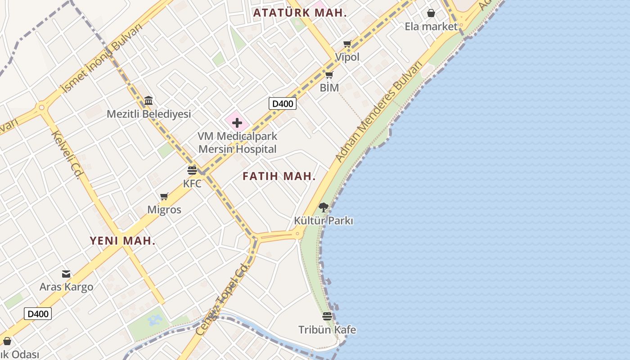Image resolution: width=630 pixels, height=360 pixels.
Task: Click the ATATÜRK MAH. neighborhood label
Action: click(300, 13)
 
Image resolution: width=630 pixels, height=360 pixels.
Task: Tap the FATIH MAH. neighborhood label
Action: click(279, 176)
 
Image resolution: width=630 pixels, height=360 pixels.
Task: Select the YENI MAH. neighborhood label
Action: click(122, 241)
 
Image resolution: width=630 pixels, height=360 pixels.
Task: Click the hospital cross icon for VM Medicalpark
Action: click(237, 123)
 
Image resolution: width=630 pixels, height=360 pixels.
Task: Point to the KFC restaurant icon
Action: click(192, 171)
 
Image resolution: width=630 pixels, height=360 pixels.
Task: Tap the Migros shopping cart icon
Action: click(164, 197)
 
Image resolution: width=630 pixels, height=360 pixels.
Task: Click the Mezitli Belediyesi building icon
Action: click(148, 100)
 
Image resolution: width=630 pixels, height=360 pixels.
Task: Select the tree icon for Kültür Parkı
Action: click(323, 207)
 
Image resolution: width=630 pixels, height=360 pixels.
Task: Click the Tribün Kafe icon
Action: click(327, 316)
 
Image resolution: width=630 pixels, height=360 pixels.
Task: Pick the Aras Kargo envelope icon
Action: click(66, 274)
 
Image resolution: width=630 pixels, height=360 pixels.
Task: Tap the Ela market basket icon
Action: click(431, 13)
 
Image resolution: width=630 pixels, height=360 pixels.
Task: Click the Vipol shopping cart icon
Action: click(347, 44)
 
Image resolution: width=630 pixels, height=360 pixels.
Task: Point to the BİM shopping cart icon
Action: click(329, 75)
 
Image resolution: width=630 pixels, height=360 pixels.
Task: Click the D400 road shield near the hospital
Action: click(283, 104)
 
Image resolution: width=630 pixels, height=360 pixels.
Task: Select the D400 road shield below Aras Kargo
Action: click(38, 314)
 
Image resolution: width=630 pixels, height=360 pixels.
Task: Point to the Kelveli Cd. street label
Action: click(66, 154)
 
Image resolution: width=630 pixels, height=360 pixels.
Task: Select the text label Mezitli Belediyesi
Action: click(149, 114)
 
